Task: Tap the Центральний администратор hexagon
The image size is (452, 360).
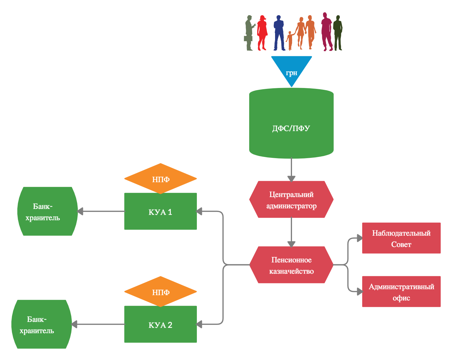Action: click(291, 199)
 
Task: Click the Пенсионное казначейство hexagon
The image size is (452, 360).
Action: click(291, 265)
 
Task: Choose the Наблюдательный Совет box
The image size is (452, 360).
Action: click(401, 238)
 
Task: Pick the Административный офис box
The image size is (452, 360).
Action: click(401, 292)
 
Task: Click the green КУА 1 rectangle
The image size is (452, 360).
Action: click(160, 211)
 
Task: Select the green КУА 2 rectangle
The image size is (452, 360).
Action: click(160, 324)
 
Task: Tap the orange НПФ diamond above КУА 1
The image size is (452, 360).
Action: click(160, 179)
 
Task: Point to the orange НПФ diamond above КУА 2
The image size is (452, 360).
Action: click(160, 292)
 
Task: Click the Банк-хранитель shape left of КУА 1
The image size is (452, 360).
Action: click(48, 211)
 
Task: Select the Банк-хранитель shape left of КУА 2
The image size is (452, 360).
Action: click(42, 324)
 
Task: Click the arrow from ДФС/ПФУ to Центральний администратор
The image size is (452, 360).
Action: click(291, 169)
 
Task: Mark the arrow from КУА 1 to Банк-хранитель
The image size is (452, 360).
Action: click(101, 211)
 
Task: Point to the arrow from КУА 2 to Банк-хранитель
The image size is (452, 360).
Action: click(98, 324)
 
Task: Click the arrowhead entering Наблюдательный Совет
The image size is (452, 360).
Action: click(360, 238)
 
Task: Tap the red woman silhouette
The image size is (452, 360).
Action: click(262, 33)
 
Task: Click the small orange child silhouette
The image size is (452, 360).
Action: click(290, 40)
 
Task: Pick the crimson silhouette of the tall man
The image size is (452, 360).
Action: click(327, 32)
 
